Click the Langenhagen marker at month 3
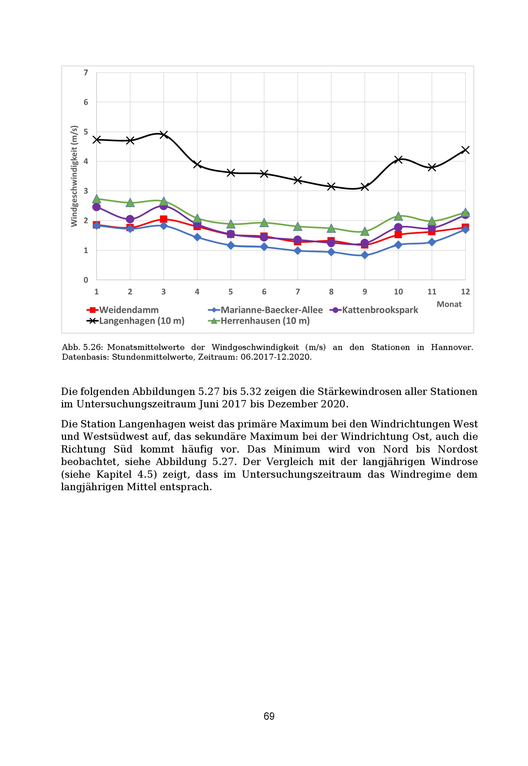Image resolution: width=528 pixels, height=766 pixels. [163, 135]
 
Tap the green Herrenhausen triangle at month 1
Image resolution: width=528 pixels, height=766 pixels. [97, 199]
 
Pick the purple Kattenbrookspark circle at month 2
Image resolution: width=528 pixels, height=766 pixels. [130, 219]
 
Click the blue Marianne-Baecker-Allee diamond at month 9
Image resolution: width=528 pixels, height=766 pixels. [365, 255]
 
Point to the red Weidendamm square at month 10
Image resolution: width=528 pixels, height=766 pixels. [398, 234]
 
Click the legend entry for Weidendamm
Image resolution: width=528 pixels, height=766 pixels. [123, 310]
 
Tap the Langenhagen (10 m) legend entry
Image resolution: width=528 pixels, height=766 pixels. [135, 321]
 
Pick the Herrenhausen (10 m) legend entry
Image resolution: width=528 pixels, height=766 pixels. [259, 321]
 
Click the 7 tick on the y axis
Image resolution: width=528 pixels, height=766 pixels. [86, 72]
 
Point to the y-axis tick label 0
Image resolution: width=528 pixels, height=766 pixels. [86, 280]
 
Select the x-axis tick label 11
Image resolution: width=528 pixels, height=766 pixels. [432, 292]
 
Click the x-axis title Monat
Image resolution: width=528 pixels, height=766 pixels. [449, 304]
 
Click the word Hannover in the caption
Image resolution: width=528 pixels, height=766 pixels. [452, 347]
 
